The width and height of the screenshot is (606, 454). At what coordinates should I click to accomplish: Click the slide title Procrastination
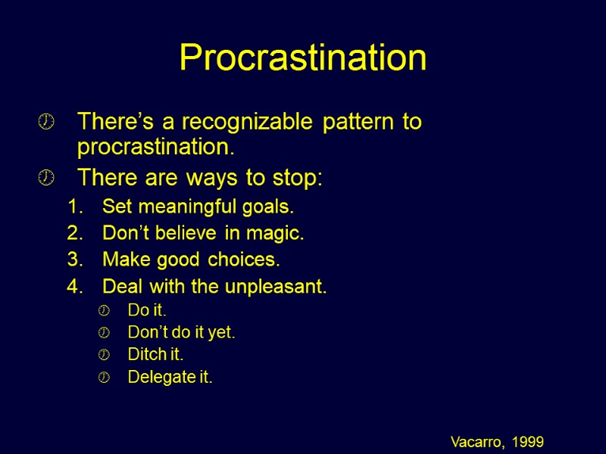pos(302,58)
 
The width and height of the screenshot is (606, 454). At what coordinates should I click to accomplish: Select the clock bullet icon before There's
pos(46,122)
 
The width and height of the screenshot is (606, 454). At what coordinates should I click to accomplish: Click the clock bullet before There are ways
pos(46,179)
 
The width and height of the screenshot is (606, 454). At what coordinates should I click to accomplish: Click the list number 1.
pos(73,207)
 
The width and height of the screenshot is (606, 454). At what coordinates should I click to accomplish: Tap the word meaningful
pos(175,207)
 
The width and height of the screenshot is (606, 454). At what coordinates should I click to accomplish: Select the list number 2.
pos(73,234)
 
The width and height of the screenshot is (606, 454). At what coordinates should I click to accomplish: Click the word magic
pos(280,234)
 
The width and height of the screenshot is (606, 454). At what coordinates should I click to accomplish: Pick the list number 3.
pos(73,260)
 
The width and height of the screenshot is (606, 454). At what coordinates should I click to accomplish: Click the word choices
pos(246,260)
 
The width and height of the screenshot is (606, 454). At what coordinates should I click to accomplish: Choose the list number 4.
pos(73,288)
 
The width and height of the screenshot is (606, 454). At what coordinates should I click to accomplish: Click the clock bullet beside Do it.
pos(105,311)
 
